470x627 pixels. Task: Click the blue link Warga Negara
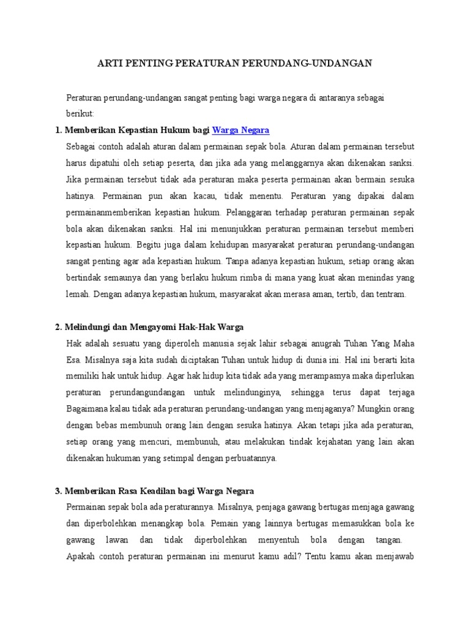click(241, 130)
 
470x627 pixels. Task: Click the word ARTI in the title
click(109, 63)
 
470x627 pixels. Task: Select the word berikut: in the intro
click(80, 114)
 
